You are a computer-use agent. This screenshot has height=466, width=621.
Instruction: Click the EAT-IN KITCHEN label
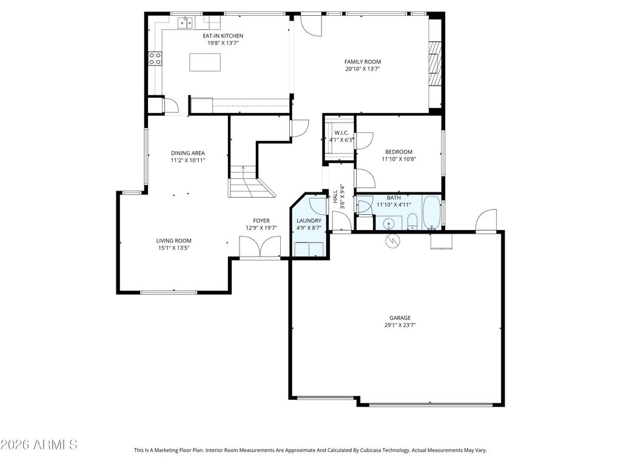(x=223, y=36)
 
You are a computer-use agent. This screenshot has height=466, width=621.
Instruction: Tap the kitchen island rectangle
(x=205, y=62)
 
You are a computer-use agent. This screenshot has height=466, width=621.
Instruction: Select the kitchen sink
(x=185, y=23)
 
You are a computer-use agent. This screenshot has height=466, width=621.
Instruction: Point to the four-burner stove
(x=155, y=59)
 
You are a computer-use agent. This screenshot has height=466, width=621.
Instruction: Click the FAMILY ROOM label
(x=363, y=61)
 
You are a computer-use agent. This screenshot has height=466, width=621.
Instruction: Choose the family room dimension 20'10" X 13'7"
(x=363, y=69)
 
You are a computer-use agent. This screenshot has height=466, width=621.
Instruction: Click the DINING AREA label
(x=188, y=153)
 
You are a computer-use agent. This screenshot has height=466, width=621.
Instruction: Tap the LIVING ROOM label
(x=173, y=240)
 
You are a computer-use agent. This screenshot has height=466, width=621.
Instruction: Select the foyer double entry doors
(x=260, y=248)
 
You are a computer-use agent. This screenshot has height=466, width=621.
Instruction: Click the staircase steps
(x=251, y=181)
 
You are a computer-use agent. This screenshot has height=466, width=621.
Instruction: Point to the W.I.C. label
(x=341, y=133)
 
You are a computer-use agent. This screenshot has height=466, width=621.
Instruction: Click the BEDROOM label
(x=398, y=152)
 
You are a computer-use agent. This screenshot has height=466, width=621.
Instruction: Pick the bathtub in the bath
(x=432, y=212)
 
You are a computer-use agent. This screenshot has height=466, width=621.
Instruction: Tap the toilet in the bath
(x=412, y=221)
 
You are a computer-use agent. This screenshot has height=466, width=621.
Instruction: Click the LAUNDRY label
(x=309, y=221)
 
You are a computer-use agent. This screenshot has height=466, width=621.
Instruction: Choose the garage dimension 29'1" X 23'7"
(x=400, y=325)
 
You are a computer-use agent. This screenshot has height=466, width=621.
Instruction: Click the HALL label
(x=335, y=197)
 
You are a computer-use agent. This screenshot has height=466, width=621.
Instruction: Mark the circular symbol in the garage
(x=392, y=240)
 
